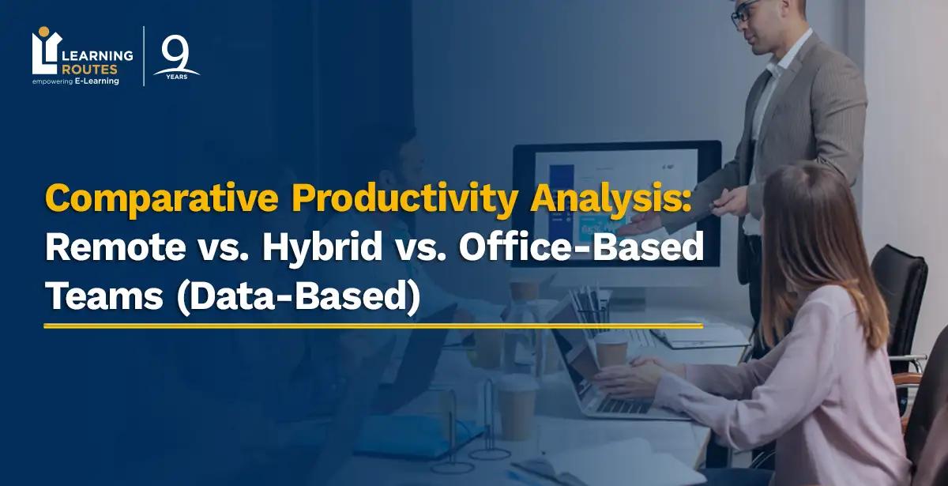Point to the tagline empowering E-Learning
pyautogui.click(x=76, y=81)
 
